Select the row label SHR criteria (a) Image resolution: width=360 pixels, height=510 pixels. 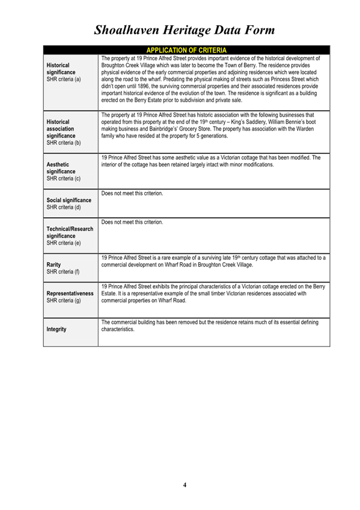[64, 79]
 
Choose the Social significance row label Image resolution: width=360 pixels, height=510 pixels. [69, 200]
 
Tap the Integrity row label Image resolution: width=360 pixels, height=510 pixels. [56, 330]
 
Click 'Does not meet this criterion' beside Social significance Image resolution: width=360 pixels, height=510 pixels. [133, 194]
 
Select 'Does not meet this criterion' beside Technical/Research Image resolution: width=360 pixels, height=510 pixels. [133, 222]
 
